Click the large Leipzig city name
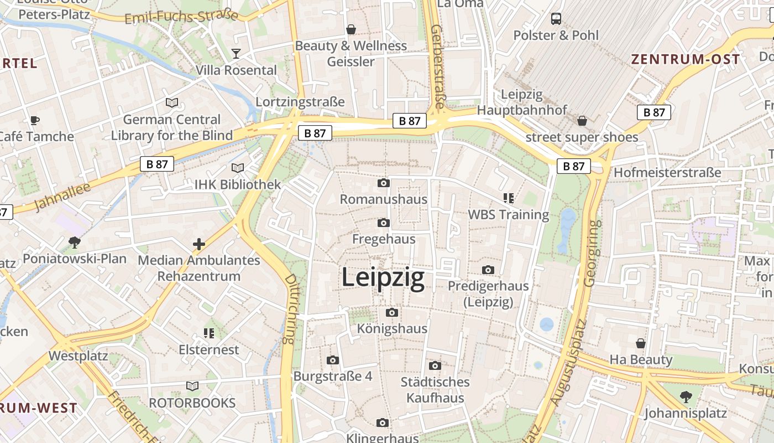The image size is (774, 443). pyautogui.click(x=383, y=277)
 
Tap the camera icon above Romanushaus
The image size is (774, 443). pyautogui.click(x=384, y=183)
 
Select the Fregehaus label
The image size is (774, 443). pyautogui.click(x=384, y=239)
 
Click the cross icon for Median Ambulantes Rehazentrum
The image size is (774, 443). pyautogui.click(x=199, y=244)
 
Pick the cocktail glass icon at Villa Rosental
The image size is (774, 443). pyautogui.click(x=236, y=54)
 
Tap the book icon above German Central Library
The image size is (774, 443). pyautogui.click(x=172, y=102)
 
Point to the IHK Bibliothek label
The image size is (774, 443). pyautogui.click(x=238, y=184)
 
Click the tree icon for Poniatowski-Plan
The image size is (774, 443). pyautogui.click(x=74, y=242)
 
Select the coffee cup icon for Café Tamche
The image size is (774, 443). pyautogui.click(x=35, y=120)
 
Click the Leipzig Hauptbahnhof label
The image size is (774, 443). pyautogui.click(x=522, y=102)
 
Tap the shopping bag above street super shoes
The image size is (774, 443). pyautogui.click(x=582, y=121)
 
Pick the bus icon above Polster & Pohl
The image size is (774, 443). pyautogui.click(x=556, y=19)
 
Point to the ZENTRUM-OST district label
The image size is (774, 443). pyautogui.click(x=686, y=60)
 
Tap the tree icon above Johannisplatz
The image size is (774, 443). pyautogui.click(x=686, y=396)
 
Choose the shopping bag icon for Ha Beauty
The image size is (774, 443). pyautogui.click(x=641, y=343)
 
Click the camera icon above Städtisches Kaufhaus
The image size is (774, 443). pyautogui.click(x=435, y=365)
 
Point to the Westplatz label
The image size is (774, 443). pyautogui.click(x=78, y=356)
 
